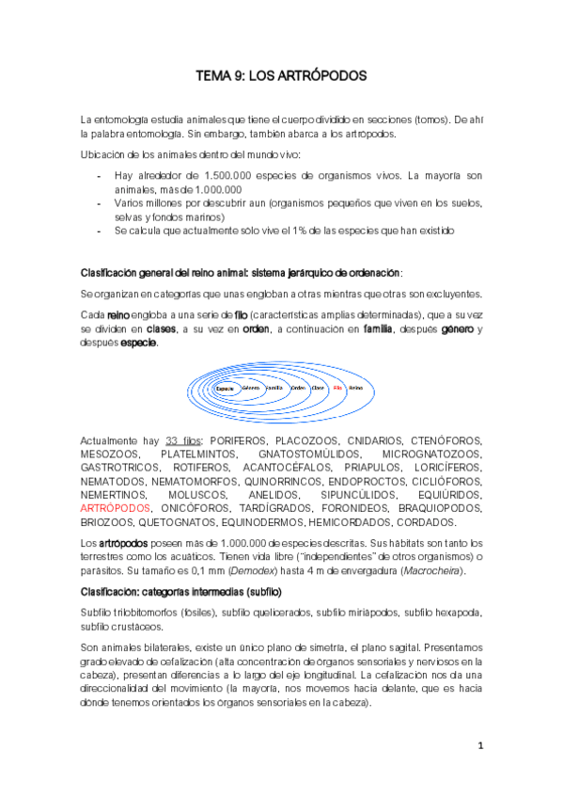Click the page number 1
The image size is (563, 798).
click(x=478, y=745)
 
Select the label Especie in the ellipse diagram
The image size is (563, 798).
click(x=224, y=388)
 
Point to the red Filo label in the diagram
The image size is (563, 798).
click(x=336, y=387)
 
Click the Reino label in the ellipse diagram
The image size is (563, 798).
click(x=356, y=387)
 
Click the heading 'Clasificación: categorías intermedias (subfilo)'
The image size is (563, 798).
click(x=181, y=591)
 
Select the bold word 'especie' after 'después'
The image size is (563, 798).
click(x=138, y=343)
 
